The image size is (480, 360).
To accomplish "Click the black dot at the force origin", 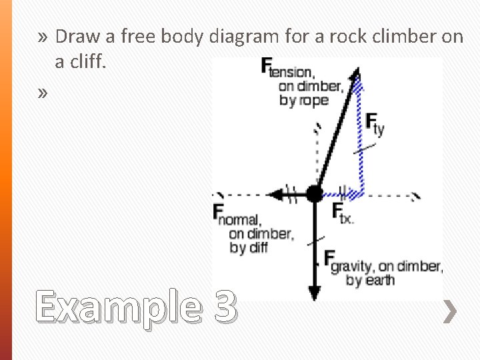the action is (x=314, y=194).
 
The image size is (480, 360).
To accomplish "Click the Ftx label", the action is (x=343, y=213).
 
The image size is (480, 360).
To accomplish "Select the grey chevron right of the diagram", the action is (x=451, y=311).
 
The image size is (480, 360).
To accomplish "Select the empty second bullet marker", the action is (x=43, y=93).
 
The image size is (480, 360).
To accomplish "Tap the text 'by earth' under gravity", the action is (x=370, y=280).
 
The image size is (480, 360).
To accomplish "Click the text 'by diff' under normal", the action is (x=248, y=248).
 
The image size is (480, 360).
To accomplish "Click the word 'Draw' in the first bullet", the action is (x=77, y=37).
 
